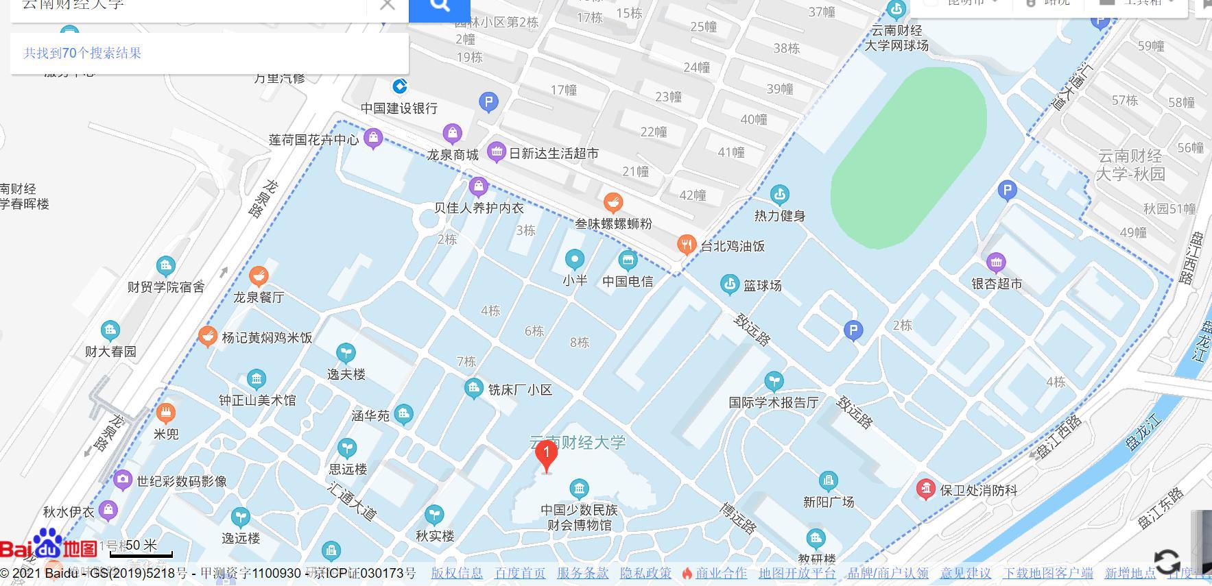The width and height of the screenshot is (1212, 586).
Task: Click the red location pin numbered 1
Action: (x=546, y=455)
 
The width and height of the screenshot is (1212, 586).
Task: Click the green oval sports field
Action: (x=909, y=158)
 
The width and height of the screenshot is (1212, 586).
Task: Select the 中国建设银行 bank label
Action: (x=399, y=108)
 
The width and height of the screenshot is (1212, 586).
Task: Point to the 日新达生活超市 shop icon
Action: (x=496, y=152)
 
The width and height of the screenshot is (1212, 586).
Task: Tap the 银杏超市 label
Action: (x=997, y=284)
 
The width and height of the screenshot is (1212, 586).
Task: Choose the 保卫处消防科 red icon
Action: (x=926, y=489)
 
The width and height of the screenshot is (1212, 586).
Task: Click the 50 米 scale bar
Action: (x=141, y=548)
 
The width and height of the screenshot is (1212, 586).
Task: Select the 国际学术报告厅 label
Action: (x=774, y=403)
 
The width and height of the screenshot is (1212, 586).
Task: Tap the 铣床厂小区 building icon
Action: (x=473, y=389)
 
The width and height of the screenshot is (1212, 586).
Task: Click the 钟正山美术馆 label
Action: (x=257, y=400)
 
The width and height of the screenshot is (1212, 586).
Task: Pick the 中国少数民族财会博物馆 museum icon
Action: (x=579, y=489)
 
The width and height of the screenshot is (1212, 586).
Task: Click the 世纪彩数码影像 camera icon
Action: (x=123, y=480)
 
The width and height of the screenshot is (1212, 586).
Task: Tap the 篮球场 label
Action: (x=763, y=286)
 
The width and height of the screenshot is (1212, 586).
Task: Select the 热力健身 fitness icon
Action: (x=779, y=195)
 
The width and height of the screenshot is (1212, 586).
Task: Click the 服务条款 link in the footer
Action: (x=582, y=574)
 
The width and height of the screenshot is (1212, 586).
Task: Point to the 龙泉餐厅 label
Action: (x=259, y=297)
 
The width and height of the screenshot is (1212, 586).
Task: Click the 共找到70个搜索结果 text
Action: (x=82, y=53)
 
